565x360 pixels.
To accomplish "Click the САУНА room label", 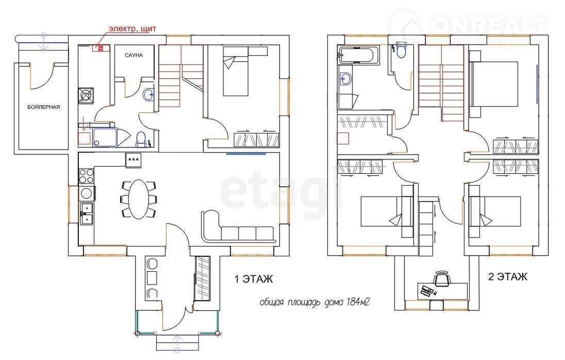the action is (134, 55).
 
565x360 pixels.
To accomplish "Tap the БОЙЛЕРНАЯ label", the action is (44, 107).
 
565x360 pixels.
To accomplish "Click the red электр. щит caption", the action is (132, 28).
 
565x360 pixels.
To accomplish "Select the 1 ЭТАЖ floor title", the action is (254, 279).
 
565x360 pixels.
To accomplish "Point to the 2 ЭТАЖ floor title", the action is (508, 276).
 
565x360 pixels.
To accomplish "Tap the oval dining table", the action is (139, 199).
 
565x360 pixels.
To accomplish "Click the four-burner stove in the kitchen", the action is (86, 176).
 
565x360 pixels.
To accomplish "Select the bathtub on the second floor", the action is (358, 55).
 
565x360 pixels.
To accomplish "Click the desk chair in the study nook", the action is (442, 278).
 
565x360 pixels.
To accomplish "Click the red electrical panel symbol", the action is (101, 48).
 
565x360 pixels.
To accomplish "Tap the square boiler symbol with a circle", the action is (86, 95).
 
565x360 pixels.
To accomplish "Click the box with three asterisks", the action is (134, 160).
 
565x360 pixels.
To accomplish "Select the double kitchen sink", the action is (86, 214).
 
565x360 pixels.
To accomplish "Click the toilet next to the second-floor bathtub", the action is (401, 50).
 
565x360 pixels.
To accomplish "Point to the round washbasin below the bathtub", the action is (346, 79).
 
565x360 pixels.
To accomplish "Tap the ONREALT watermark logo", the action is (469, 25).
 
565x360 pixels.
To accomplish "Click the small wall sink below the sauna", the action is (148, 95).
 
